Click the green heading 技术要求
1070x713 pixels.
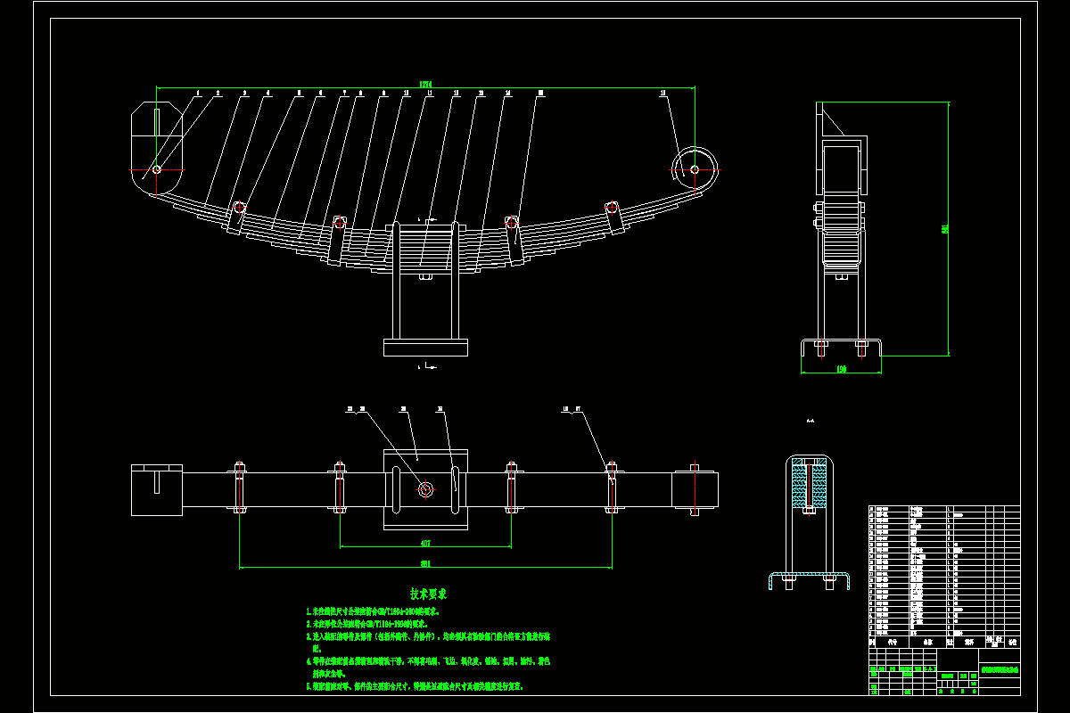(428, 594)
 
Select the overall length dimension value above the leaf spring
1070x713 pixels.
(426, 85)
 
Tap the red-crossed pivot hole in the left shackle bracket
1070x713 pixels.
(156, 169)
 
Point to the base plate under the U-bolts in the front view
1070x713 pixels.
(425, 347)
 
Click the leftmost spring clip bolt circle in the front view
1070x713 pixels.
(238, 207)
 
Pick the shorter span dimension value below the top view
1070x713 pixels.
(425, 543)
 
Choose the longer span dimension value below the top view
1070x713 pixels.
(425, 563)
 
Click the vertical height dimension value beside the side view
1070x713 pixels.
(944, 229)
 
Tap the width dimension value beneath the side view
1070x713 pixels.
(841, 368)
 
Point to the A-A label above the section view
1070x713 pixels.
(810, 421)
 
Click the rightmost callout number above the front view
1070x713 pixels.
(663, 92)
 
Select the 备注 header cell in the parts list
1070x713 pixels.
(1011, 641)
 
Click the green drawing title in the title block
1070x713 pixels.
(999, 668)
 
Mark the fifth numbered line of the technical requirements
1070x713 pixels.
(415, 687)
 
